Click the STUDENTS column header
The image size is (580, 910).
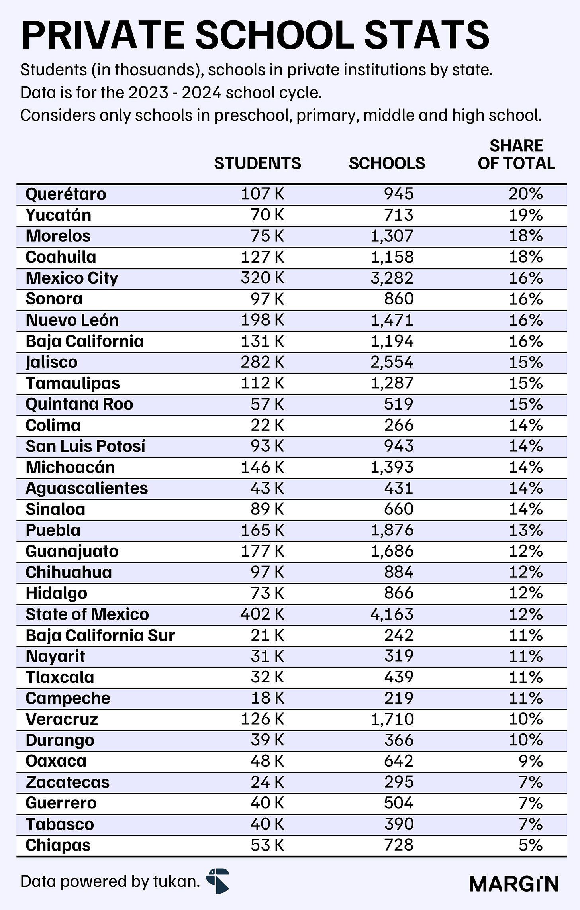(x=257, y=163)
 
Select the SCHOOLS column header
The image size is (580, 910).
(x=387, y=163)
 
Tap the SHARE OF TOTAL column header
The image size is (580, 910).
(x=516, y=155)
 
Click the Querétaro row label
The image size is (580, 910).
(x=66, y=194)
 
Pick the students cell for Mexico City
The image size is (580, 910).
(x=263, y=278)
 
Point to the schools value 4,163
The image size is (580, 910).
(x=392, y=614)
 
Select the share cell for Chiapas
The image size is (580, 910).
(x=531, y=845)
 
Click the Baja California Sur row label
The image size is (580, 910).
(x=100, y=635)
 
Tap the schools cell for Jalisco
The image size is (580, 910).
(x=392, y=362)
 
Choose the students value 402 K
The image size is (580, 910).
(x=263, y=614)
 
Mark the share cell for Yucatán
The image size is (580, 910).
(x=526, y=215)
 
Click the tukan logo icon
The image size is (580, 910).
(x=218, y=881)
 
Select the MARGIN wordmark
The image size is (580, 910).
(x=514, y=884)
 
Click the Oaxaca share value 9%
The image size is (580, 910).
(x=531, y=761)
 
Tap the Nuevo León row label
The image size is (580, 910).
(x=72, y=320)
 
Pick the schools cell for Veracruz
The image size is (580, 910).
(x=392, y=719)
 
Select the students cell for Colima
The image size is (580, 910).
(x=267, y=426)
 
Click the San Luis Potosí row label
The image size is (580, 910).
(x=85, y=446)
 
